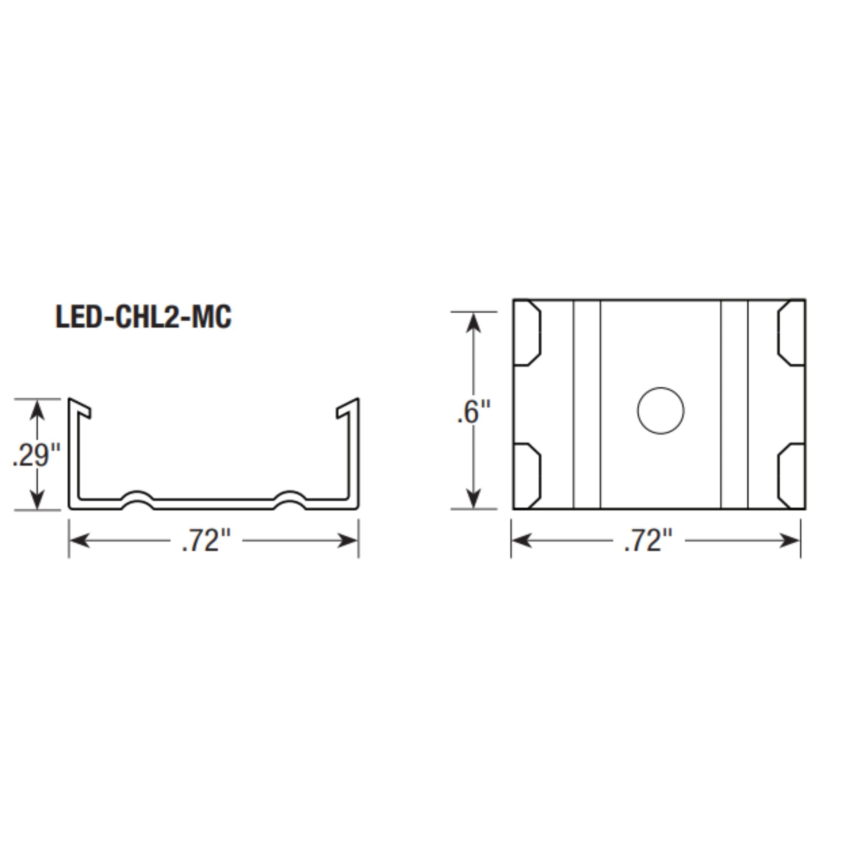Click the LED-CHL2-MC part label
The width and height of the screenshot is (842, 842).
point(144,317)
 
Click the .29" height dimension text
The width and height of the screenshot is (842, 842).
point(37,455)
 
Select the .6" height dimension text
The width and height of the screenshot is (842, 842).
point(474,412)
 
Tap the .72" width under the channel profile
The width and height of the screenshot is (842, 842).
point(206,541)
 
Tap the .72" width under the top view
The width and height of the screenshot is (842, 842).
point(648,541)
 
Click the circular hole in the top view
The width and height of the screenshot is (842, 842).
point(660,410)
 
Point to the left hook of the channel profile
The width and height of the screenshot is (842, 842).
point(81,408)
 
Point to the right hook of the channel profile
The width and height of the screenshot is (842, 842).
point(347,408)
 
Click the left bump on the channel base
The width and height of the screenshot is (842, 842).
point(137,500)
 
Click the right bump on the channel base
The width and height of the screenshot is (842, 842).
point(290,500)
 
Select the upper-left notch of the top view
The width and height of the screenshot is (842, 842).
point(528,333)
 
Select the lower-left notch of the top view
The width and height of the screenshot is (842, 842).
point(528,476)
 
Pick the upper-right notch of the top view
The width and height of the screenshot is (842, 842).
point(791,333)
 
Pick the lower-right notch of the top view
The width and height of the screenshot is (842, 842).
point(791,476)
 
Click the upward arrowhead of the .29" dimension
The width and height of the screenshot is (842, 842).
point(37,410)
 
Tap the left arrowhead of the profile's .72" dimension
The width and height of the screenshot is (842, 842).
point(79,541)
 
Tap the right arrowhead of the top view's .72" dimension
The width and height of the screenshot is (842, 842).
point(790,541)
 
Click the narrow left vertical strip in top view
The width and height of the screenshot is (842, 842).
point(586,404)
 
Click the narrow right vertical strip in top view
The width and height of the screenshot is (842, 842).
point(734,404)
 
